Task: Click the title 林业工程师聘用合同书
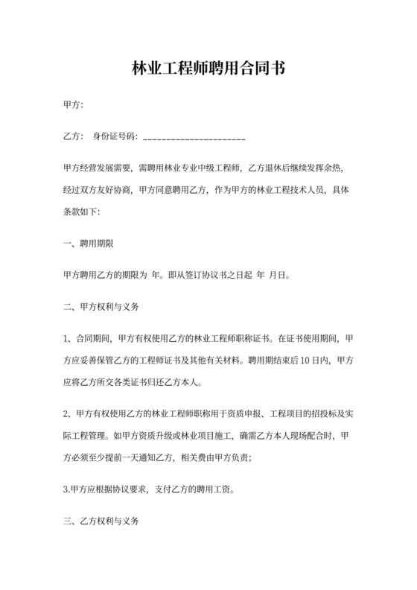[x=208, y=69]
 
